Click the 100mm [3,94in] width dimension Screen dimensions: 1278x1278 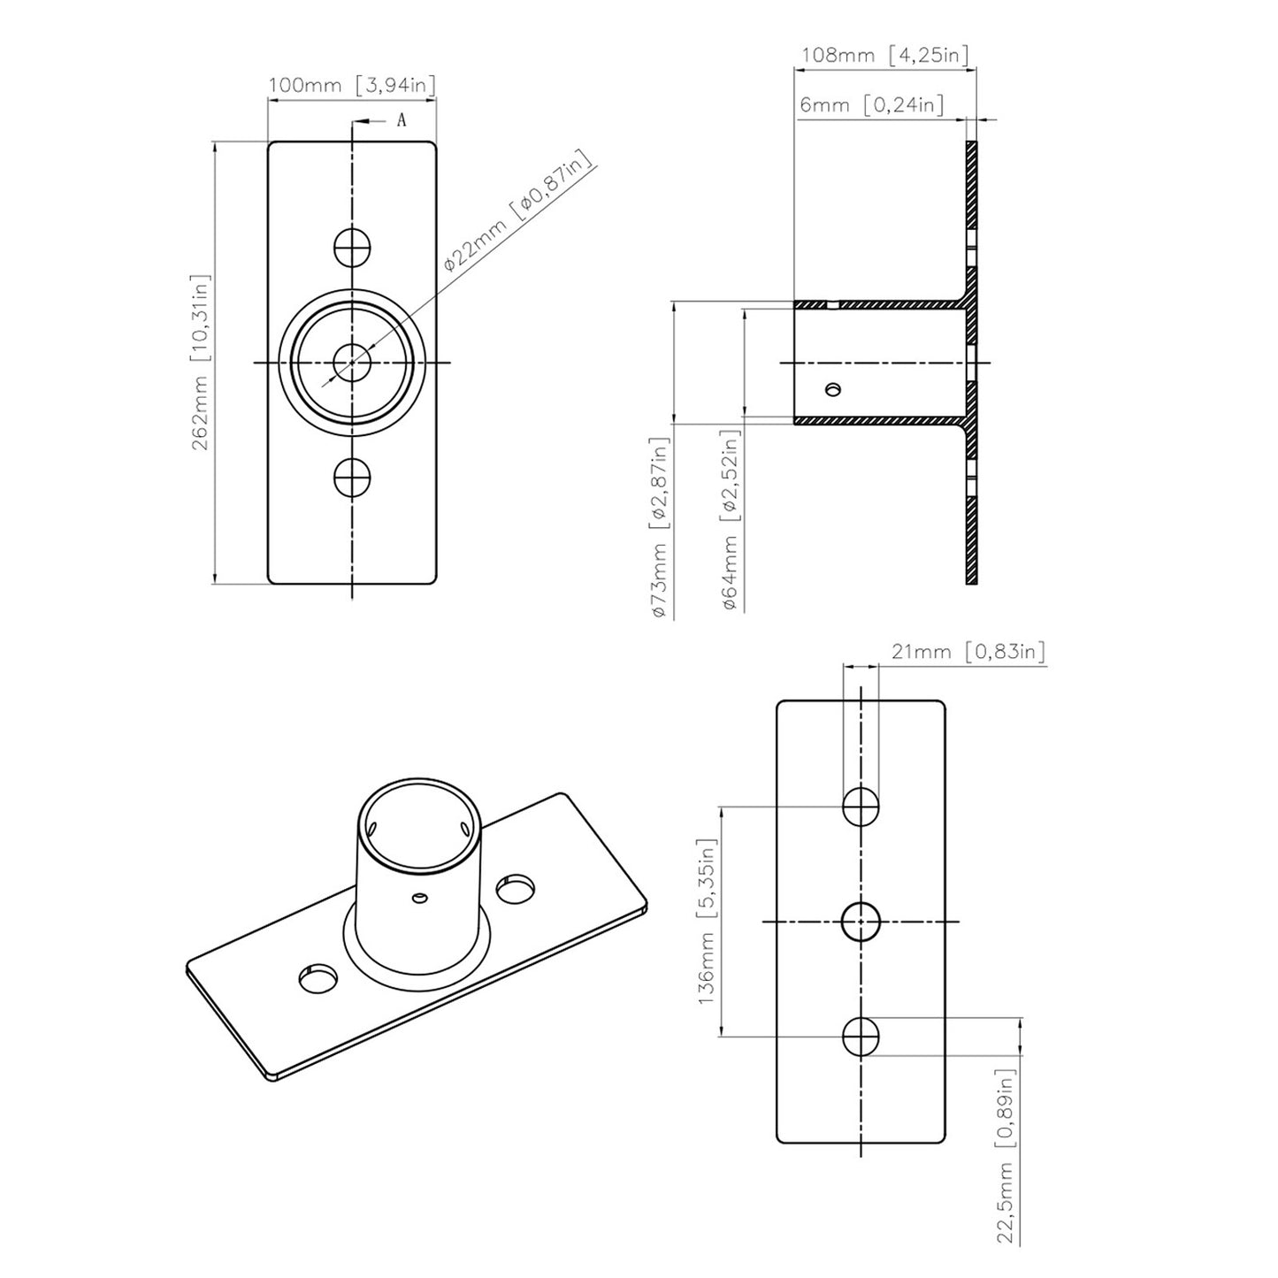tap(351, 86)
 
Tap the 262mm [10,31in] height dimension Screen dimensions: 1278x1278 tap(201, 362)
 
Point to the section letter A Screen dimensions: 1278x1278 tap(401, 121)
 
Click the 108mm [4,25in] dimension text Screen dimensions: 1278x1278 tap(884, 55)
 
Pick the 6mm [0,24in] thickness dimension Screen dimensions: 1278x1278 tap(870, 104)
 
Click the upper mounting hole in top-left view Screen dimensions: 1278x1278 tap(352, 247)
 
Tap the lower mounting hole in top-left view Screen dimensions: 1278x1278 tap(352, 478)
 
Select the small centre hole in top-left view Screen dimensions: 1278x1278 tap(352, 362)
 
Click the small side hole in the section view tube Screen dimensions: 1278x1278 tap(831, 389)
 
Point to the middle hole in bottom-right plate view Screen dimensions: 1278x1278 tap(861, 922)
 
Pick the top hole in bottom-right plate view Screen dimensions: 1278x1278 tap(861, 807)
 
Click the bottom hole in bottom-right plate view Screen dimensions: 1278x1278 tap(861, 1036)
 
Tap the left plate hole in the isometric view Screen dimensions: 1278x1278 tap(318, 978)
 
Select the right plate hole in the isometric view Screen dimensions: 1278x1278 tap(517, 889)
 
